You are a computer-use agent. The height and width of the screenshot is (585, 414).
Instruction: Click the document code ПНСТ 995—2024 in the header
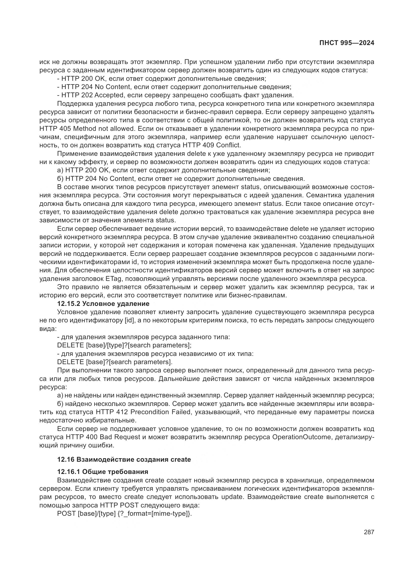coord(347,43)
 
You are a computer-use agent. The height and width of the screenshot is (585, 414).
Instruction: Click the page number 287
coord(369,532)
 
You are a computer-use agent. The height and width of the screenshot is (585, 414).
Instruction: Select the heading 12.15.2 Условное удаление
coord(103,304)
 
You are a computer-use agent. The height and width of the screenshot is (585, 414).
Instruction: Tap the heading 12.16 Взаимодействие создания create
coord(124,459)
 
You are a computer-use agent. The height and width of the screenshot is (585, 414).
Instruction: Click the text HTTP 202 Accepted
coord(92,95)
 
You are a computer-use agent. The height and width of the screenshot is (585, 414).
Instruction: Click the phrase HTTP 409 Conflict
coord(212,145)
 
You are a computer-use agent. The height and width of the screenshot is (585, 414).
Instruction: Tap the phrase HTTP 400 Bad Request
coord(103,437)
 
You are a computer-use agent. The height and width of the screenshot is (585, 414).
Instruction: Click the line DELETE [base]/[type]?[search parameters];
coord(124,345)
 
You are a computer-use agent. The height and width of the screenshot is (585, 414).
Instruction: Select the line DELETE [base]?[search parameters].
coord(115,362)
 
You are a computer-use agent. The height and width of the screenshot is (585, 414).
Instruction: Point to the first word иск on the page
coord(44,62)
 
